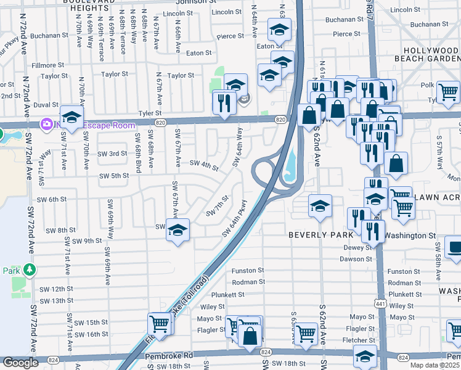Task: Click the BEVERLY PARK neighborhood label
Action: pyautogui.click(x=320, y=235)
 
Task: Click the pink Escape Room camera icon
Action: pyautogui.click(x=46, y=125)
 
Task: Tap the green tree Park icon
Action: pyautogui.click(x=28, y=270)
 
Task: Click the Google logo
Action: pyautogui.click(x=20, y=363)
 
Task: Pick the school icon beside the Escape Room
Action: pyautogui.click(x=71, y=117)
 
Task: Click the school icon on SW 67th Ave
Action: pyautogui.click(x=178, y=230)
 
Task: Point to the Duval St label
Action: pyautogui.click(x=46, y=105)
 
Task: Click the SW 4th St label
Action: pyautogui.click(x=204, y=165)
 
